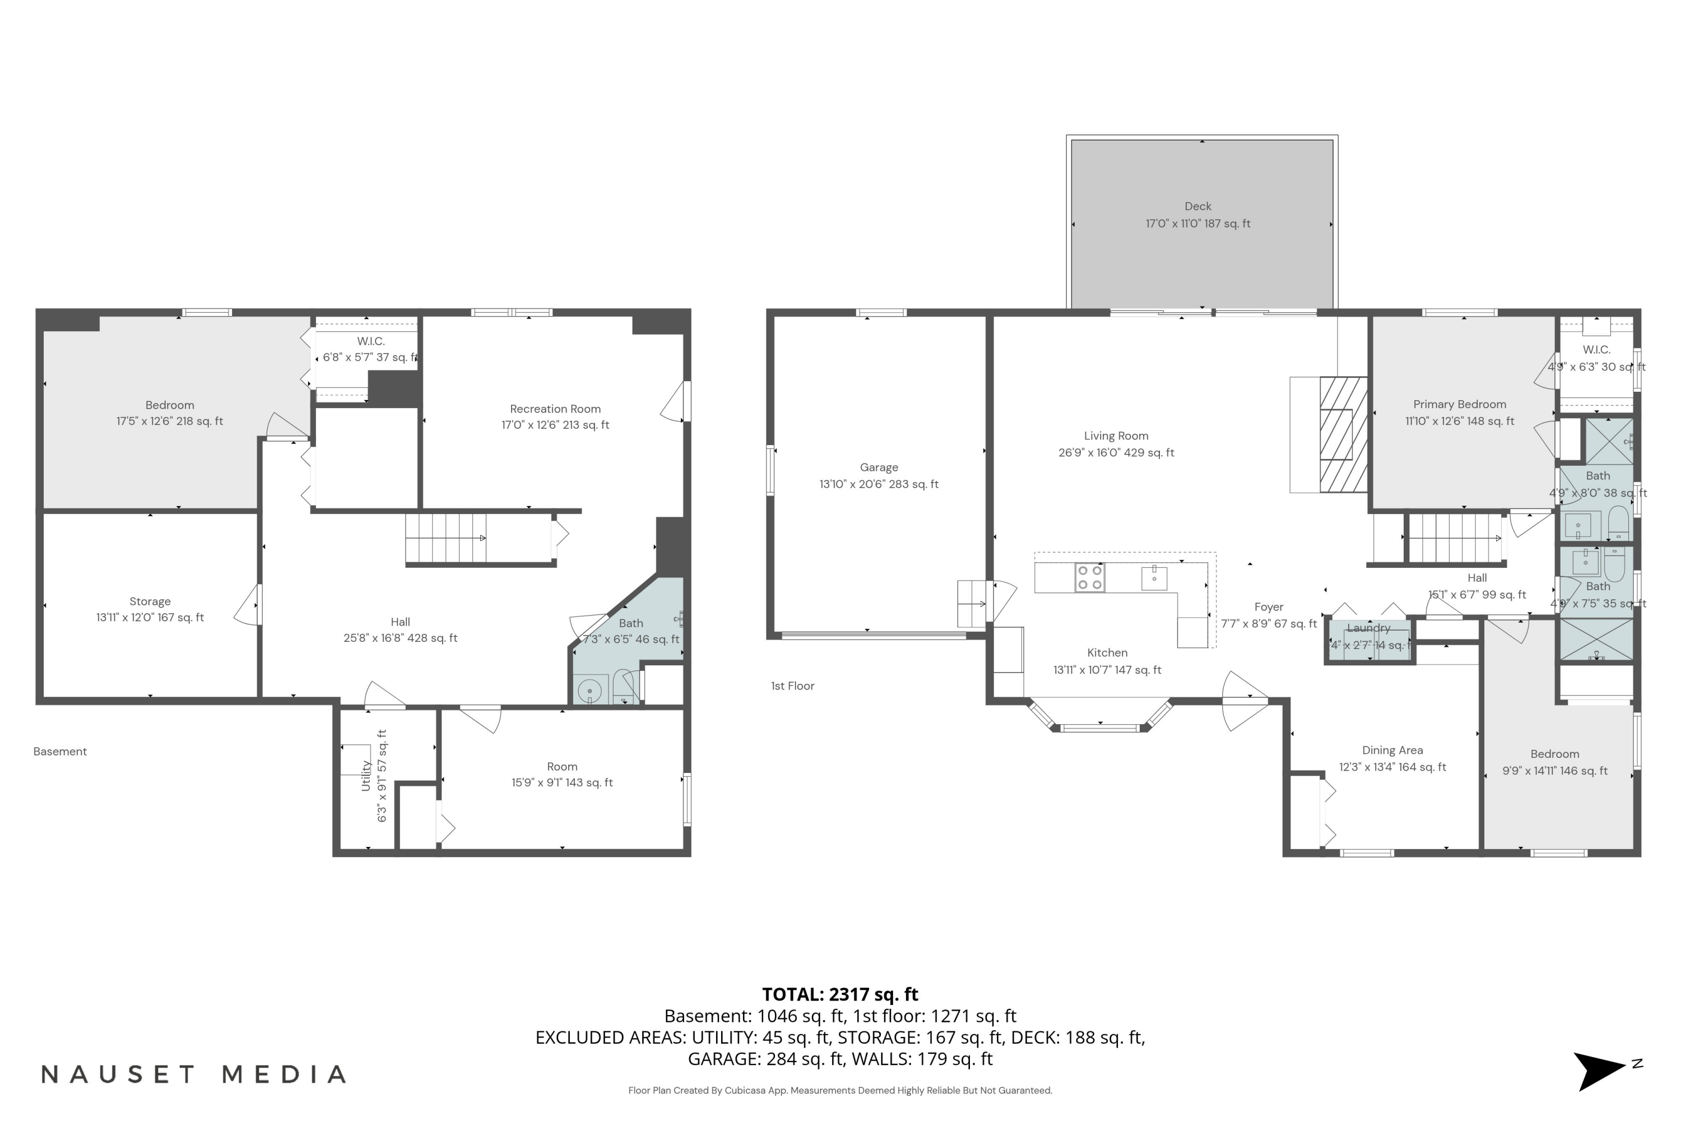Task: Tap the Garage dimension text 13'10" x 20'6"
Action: pyautogui.click(x=879, y=484)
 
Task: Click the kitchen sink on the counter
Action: pyautogui.click(x=1154, y=578)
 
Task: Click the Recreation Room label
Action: pyautogui.click(x=555, y=409)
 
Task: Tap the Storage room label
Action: pyautogui.click(x=150, y=601)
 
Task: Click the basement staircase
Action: pyautogui.click(x=446, y=538)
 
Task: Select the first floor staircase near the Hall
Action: pyautogui.click(x=1454, y=538)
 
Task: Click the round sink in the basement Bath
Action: pyautogui.click(x=589, y=691)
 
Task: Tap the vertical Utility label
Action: pyautogui.click(x=366, y=775)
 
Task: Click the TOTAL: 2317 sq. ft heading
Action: pyautogui.click(x=840, y=994)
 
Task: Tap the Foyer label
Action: pyautogui.click(x=1269, y=607)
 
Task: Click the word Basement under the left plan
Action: pyautogui.click(x=60, y=752)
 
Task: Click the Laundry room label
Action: pyautogui.click(x=1368, y=628)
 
